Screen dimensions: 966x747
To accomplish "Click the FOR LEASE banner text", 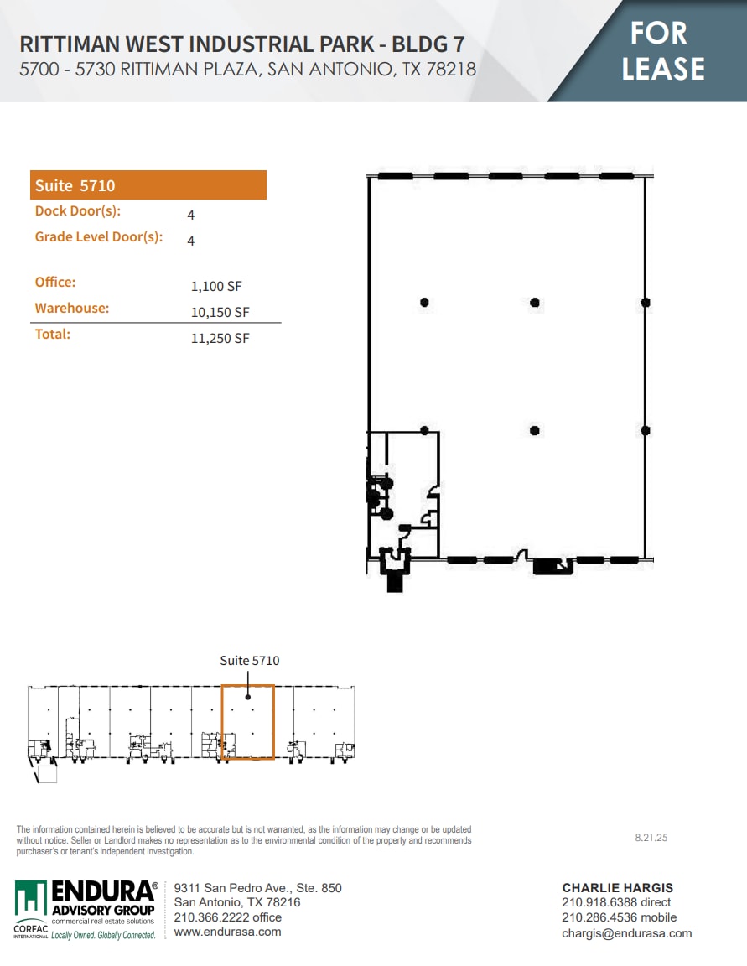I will click(x=662, y=50).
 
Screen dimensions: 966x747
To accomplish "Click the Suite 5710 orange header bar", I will click(x=148, y=185).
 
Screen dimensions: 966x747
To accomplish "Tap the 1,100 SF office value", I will click(x=216, y=287).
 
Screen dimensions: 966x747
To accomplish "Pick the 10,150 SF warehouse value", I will click(x=220, y=313).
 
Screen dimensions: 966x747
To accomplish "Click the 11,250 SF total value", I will click(x=220, y=339).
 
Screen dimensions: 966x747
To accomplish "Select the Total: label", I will click(x=53, y=334).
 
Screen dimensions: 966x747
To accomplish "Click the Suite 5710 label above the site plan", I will click(x=250, y=661).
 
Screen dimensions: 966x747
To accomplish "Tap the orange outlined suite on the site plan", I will click(x=248, y=723).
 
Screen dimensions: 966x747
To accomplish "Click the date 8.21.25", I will click(x=651, y=838).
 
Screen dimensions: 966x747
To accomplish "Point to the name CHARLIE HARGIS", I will click(x=617, y=888).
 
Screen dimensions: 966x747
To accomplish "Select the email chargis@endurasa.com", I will click(x=626, y=933).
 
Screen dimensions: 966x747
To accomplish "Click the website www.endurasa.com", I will click(x=227, y=932).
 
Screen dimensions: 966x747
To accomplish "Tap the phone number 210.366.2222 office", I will click(x=227, y=917).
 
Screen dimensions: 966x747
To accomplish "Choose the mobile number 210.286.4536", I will click(x=619, y=918).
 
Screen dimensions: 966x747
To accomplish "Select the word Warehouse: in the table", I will click(x=72, y=308).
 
